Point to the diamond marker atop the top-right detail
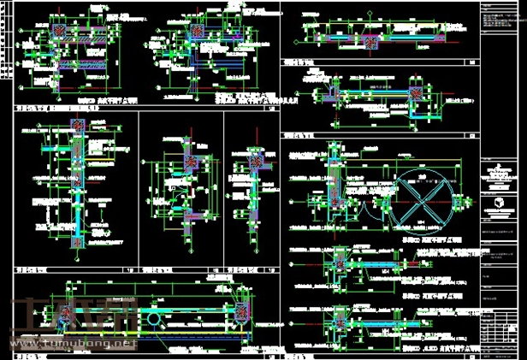tap(370, 18)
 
